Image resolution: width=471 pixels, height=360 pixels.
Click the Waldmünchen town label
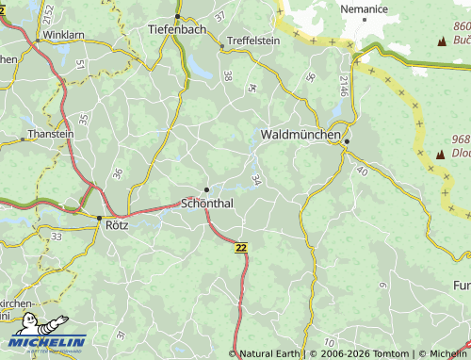click(x=300, y=136)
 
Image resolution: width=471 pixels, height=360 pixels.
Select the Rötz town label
click(x=117, y=226)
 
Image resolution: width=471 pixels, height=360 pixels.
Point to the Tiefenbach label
click(x=177, y=29)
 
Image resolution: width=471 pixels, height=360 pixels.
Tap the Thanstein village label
click(x=51, y=134)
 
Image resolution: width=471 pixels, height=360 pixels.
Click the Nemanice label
click(x=365, y=8)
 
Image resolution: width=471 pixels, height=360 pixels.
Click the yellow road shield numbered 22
click(x=242, y=246)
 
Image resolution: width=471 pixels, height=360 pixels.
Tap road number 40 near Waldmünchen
click(x=362, y=171)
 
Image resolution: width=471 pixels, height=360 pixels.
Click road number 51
click(x=80, y=64)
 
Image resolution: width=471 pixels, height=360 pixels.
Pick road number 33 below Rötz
click(x=57, y=237)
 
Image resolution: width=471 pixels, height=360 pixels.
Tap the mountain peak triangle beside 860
click(x=441, y=41)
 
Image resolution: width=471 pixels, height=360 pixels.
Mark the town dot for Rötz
click(x=99, y=218)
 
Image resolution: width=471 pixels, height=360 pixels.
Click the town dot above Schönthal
click(x=206, y=189)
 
